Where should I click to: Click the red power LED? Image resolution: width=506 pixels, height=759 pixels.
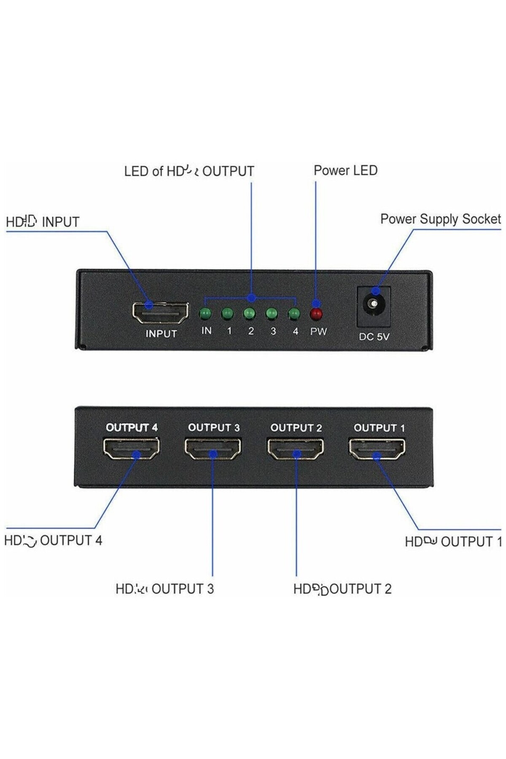click(x=316, y=314)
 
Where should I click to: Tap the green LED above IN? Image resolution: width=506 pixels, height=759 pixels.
click(x=206, y=314)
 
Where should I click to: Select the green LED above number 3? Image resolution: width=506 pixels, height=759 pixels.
click(x=272, y=314)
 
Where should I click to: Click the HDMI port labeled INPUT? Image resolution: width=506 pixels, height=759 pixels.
click(x=160, y=312)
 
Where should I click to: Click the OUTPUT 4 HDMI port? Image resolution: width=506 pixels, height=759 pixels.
click(x=131, y=448)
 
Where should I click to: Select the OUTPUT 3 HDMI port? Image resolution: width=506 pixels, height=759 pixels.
click(x=213, y=449)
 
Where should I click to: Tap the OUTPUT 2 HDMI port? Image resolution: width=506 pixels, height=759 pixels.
click(x=295, y=449)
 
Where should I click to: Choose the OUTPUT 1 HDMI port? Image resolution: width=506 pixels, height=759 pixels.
click(x=377, y=449)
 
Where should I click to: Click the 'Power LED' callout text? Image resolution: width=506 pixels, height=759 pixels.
click(x=345, y=170)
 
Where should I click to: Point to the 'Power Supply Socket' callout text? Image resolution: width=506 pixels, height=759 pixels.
click(x=440, y=219)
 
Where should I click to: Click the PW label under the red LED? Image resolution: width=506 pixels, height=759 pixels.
click(x=318, y=331)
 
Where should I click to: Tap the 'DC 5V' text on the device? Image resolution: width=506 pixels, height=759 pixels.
click(x=374, y=336)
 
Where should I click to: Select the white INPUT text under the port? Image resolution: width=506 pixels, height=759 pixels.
click(x=161, y=334)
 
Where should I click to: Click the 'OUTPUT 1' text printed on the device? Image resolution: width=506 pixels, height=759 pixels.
click(x=379, y=428)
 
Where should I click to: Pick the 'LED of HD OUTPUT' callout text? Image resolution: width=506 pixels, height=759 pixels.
click(x=189, y=171)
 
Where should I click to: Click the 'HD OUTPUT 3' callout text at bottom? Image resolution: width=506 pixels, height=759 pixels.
click(x=164, y=589)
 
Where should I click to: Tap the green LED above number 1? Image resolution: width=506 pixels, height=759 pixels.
click(x=227, y=314)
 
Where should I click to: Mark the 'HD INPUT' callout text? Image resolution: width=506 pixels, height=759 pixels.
click(x=43, y=222)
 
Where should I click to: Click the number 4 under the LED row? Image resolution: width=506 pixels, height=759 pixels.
click(x=295, y=331)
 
